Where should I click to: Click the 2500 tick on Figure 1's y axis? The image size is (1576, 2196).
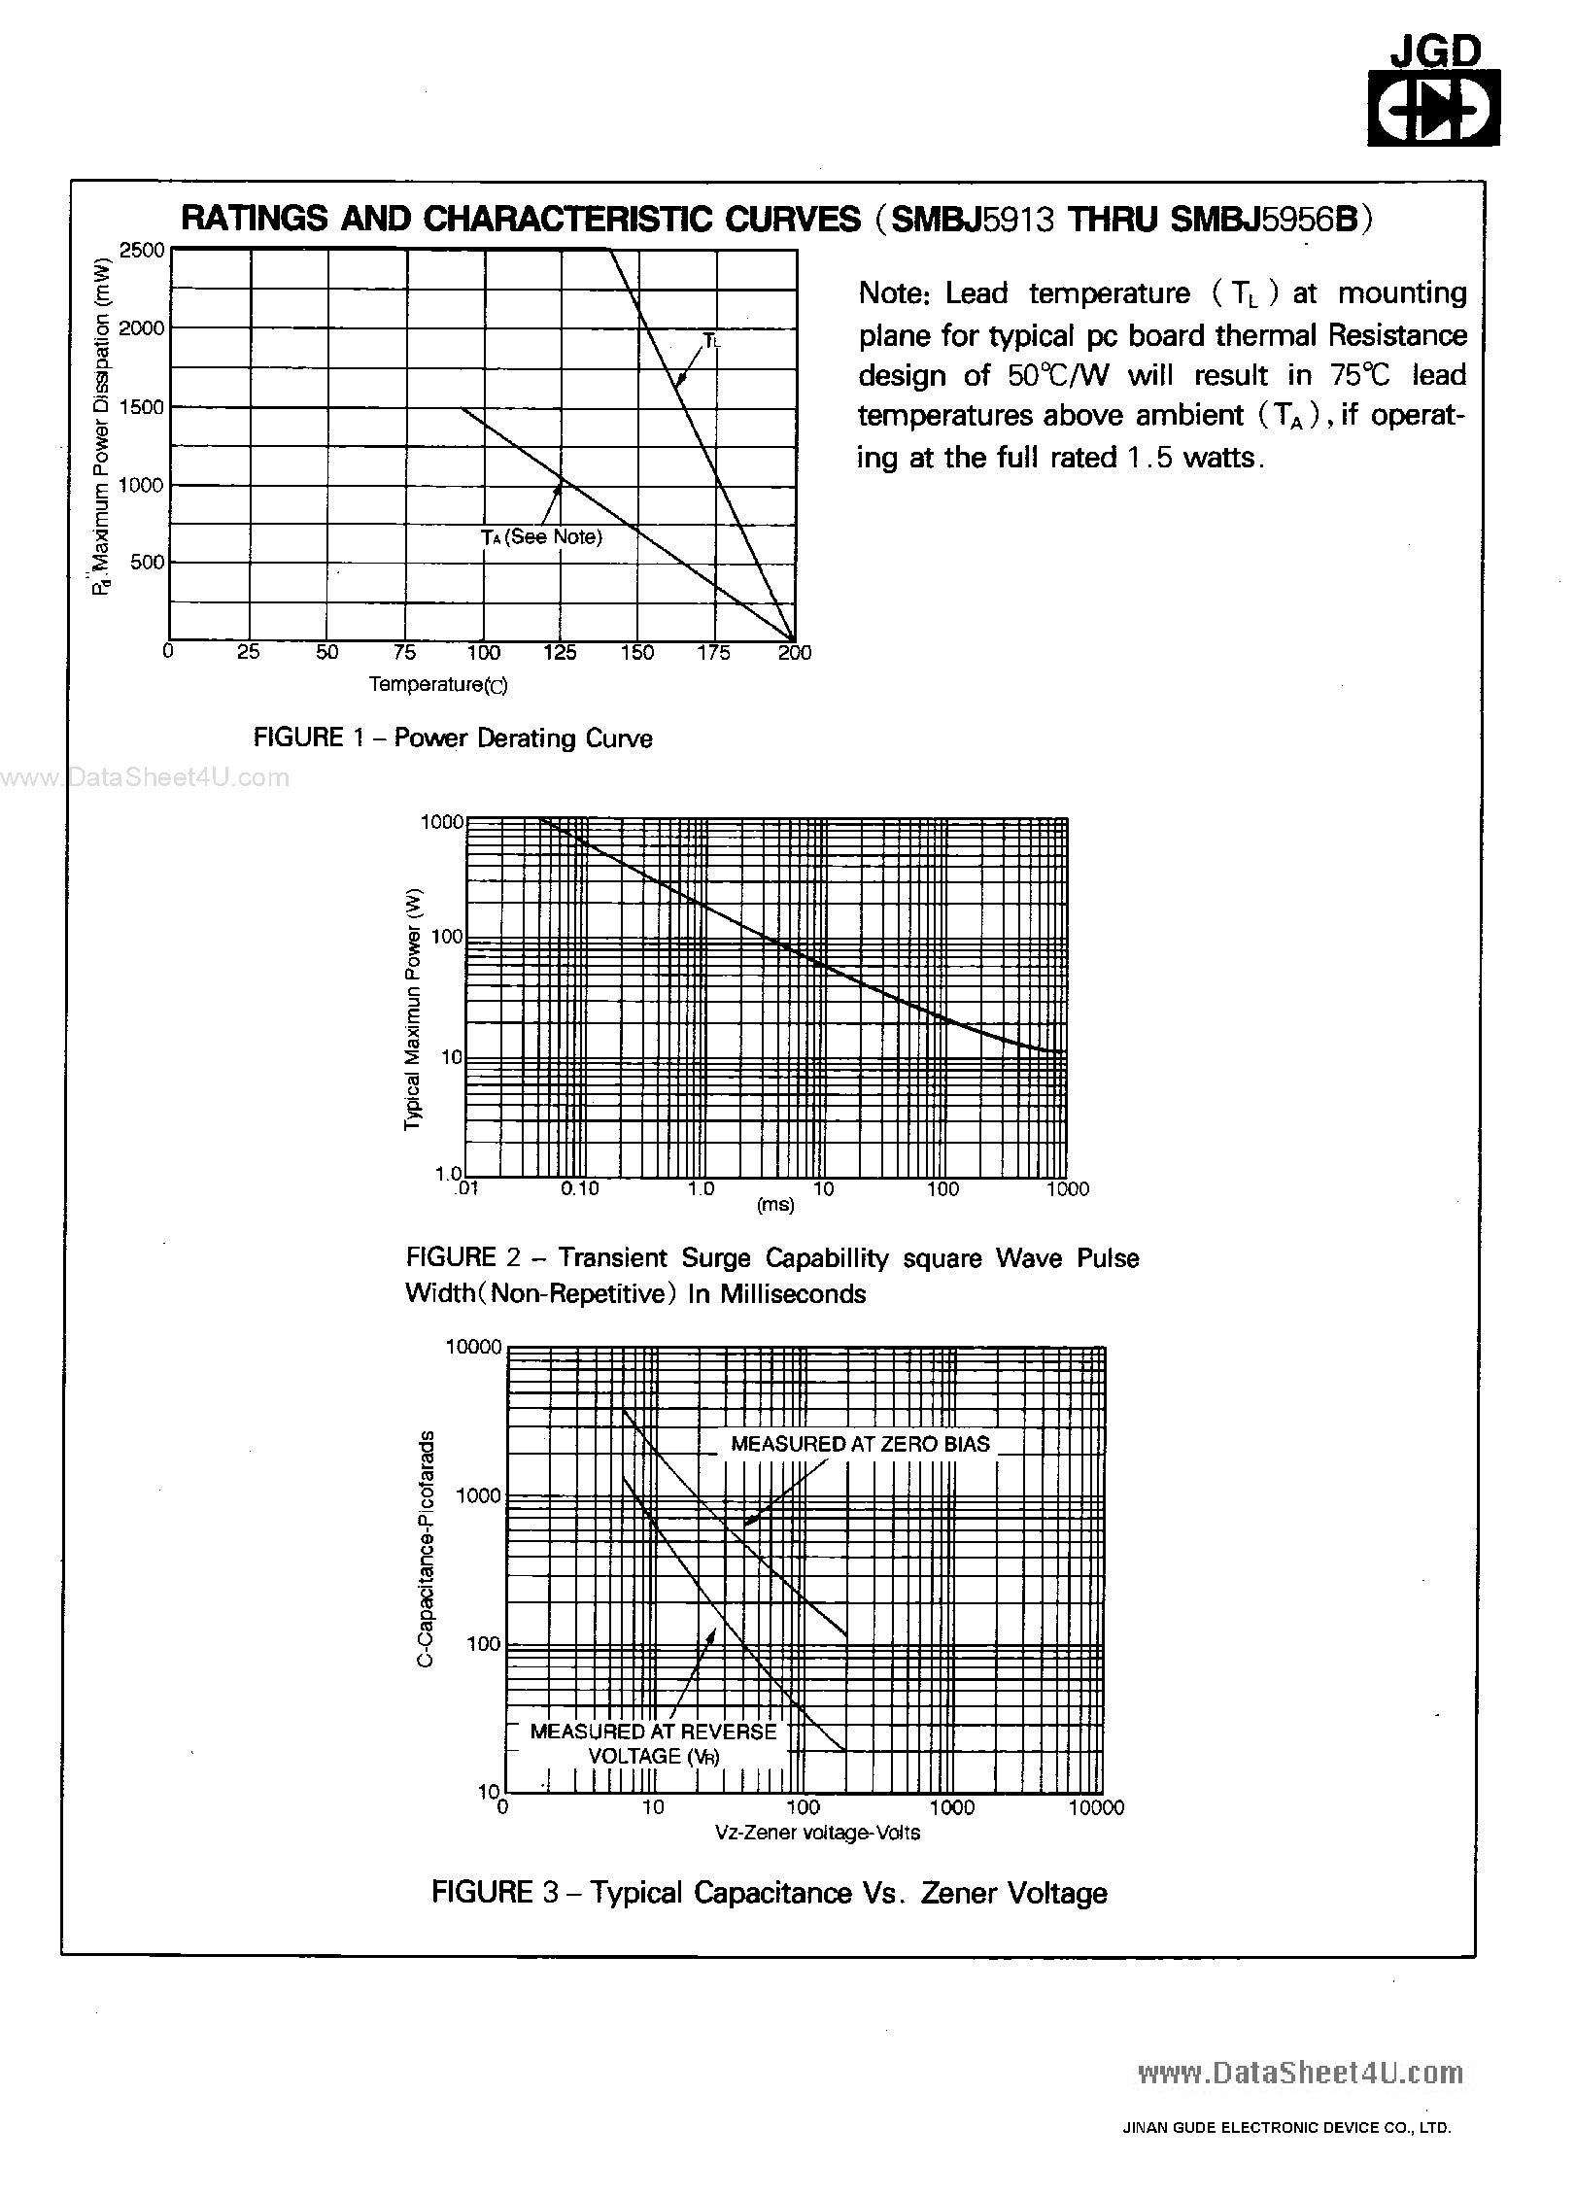pyautogui.click(x=143, y=250)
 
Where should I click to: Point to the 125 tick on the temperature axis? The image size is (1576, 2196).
pyautogui.click(x=560, y=652)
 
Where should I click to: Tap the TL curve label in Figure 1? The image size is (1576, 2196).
pyautogui.click(x=711, y=340)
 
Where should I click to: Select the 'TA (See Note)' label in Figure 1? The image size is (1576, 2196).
pyautogui.click(x=541, y=537)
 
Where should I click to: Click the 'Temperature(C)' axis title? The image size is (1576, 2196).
pyautogui.click(x=438, y=684)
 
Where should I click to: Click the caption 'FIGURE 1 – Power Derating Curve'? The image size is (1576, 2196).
pyautogui.click(x=453, y=738)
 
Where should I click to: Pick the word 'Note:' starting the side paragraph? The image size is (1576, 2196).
pyautogui.click(x=895, y=293)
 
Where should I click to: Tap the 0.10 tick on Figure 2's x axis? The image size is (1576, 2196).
pyautogui.click(x=580, y=1188)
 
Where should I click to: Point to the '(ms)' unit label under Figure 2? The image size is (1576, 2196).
pyautogui.click(x=775, y=1205)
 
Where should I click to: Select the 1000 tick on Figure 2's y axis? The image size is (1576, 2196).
pyautogui.click(x=442, y=822)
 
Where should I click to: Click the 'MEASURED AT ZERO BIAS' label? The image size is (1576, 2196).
pyautogui.click(x=860, y=1444)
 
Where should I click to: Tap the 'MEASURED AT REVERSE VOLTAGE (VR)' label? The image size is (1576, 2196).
pyautogui.click(x=653, y=1743)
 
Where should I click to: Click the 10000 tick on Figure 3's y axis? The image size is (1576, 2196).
pyautogui.click(x=473, y=1347)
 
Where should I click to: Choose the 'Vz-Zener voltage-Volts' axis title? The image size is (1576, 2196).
pyautogui.click(x=817, y=1833)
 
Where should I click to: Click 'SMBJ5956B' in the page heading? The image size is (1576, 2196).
pyautogui.click(x=1262, y=220)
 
